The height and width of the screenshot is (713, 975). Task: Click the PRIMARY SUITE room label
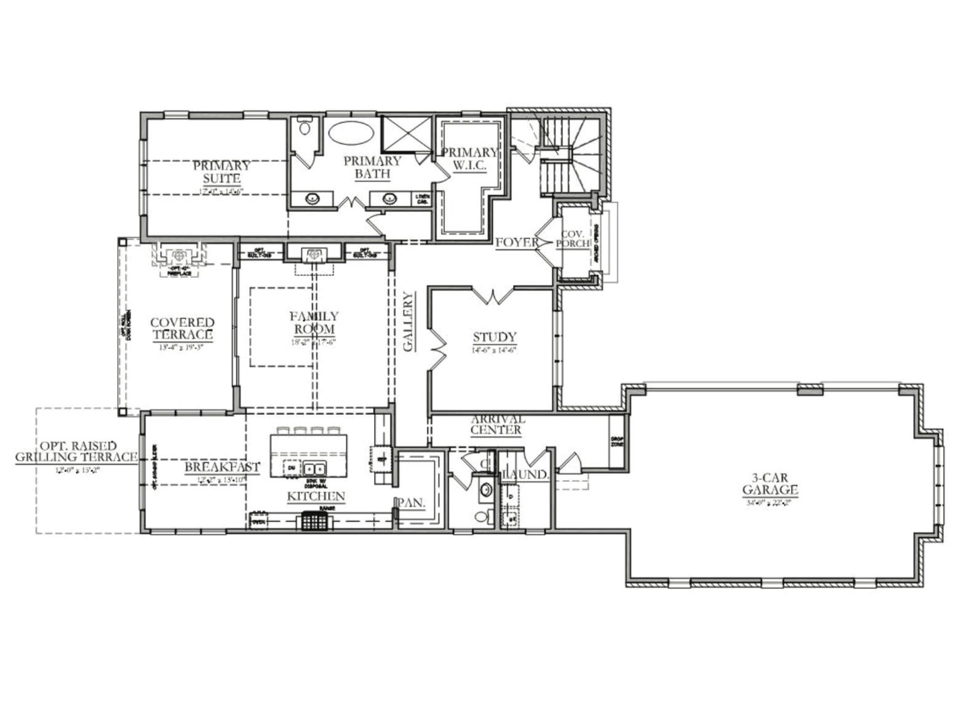point(221,172)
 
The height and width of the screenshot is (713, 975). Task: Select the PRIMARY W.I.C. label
point(469,159)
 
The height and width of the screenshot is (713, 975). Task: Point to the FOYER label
point(517,242)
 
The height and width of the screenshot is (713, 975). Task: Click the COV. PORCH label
point(572,239)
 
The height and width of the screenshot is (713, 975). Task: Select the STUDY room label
point(495,337)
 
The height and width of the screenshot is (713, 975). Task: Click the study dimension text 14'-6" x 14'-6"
point(495,350)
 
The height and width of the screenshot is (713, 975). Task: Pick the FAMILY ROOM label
point(314,322)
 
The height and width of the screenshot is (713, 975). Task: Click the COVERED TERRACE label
point(183,329)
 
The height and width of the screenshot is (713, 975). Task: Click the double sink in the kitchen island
point(315,469)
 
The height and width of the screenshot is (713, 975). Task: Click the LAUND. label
point(527,475)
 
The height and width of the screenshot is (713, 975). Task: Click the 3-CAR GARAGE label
point(770,483)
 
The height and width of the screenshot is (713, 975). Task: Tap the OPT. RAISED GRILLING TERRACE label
point(76,451)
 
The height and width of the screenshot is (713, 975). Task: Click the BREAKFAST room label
point(222,467)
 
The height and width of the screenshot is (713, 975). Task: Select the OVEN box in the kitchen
point(258,522)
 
